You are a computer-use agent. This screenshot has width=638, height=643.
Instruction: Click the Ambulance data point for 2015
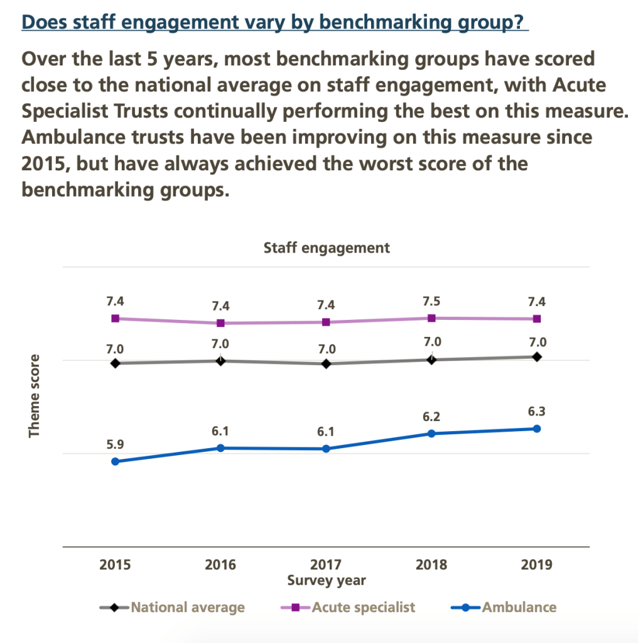[x=116, y=461]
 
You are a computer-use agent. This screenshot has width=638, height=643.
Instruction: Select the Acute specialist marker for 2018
[x=431, y=318]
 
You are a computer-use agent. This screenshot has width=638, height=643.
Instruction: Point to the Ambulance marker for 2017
[x=326, y=449]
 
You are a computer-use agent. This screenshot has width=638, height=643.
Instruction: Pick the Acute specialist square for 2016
[x=220, y=323]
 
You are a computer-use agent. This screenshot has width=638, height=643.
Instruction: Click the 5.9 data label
[x=116, y=444]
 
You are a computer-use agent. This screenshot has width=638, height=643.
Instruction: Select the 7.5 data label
[x=431, y=300]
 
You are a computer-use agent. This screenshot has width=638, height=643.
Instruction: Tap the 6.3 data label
[x=537, y=412]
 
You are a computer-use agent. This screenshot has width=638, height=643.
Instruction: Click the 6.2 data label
[x=431, y=416]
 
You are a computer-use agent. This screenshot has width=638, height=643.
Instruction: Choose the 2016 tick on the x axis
[x=220, y=564]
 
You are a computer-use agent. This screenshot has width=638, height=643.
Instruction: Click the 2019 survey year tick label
[x=537, y=564]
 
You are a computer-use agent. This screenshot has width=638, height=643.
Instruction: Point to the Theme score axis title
[x=35, y=396]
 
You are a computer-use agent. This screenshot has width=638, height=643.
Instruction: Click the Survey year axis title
[x=326, y=580]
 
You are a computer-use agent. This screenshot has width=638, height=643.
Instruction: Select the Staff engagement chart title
[x=327, y=248]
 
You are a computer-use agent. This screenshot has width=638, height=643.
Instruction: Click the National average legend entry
[x=173, y=607]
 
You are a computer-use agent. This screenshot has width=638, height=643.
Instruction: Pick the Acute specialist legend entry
[x=349, y=607]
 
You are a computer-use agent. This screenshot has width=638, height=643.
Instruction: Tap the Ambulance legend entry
[x=504, y=607]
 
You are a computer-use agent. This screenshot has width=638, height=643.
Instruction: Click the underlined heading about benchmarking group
[x=275, y=23]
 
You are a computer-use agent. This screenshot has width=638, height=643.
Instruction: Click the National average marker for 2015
[x=116, y=363]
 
